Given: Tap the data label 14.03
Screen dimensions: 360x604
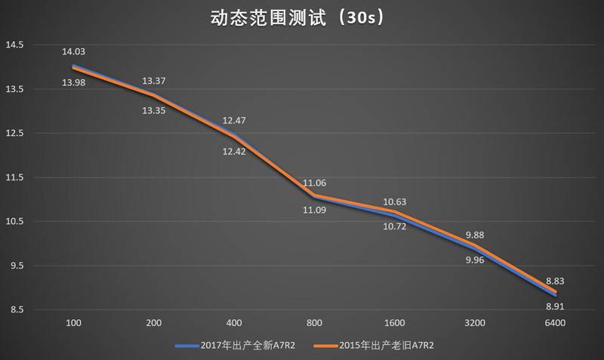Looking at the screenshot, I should [73, 52].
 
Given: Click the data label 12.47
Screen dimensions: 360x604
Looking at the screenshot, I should [234, 121].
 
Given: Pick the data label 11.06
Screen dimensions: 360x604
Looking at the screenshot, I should [314, 183].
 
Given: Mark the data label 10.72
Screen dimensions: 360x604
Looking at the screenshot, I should [394, 226].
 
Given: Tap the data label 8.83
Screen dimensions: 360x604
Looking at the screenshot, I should [555, 281].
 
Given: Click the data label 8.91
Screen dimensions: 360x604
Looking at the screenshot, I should [555, 307].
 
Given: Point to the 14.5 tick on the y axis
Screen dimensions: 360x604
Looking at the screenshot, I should [15, 45].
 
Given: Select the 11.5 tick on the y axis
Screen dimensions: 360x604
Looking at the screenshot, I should [15, 178].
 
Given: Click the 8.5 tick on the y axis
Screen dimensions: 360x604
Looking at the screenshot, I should [15, 310].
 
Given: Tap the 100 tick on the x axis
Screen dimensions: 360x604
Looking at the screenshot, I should [73, 323].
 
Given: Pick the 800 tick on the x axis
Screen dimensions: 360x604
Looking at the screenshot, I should [314, 323].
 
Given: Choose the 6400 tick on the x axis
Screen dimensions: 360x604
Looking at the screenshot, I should [555, 323].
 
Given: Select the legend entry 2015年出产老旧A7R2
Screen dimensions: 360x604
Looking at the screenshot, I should [384, 346].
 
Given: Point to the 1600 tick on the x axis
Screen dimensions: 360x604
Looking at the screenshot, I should [394, 323].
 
